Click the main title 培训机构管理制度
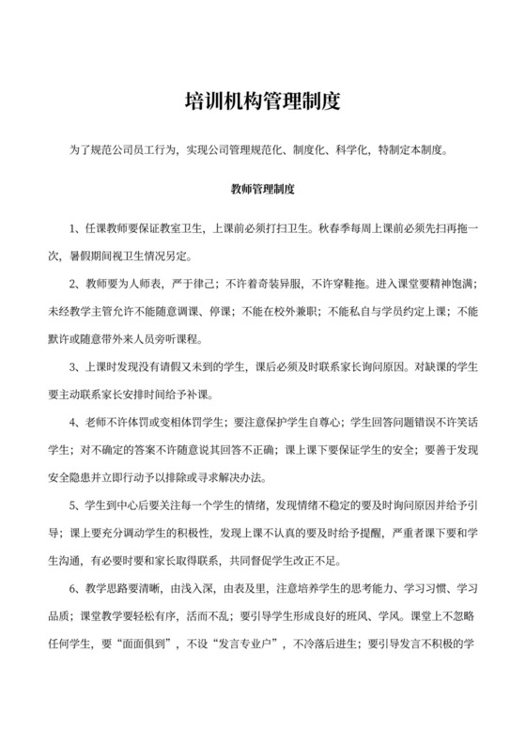[263, 99]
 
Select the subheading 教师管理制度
[263, 188]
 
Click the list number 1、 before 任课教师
[78, 230]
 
